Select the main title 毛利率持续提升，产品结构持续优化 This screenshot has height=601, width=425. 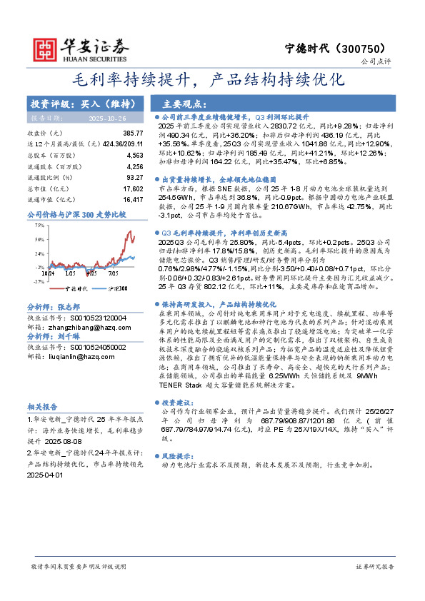(213, 79)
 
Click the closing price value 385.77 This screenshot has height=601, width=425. (133, 133)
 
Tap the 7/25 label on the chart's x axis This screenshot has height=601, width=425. (114, 273)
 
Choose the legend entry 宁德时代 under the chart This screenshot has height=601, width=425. (76, 288)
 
